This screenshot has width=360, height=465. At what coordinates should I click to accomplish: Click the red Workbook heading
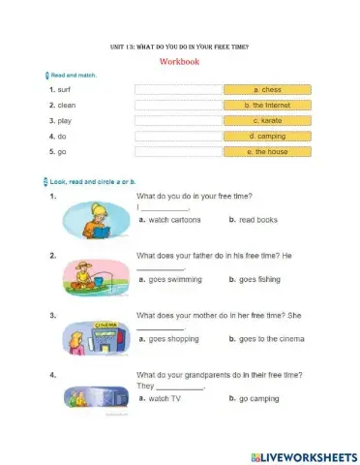coord(179,61)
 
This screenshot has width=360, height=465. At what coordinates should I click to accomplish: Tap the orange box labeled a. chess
coord(267,89)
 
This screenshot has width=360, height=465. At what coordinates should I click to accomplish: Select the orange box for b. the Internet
coord(267,105)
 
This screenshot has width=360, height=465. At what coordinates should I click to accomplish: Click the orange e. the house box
coord(267,152)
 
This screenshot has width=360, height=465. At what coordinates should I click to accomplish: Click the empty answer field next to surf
coord(177,89)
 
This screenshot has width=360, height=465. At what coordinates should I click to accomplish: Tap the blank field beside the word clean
coord(177,105)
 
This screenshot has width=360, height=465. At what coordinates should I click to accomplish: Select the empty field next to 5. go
coord(177,152)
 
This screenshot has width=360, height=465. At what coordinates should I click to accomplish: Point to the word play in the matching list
coord(67,121)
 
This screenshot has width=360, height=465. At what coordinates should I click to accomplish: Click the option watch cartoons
coord(174,220)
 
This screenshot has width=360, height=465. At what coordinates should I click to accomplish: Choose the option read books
coord(257,220)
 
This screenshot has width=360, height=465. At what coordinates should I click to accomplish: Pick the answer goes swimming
coord(175,279)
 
